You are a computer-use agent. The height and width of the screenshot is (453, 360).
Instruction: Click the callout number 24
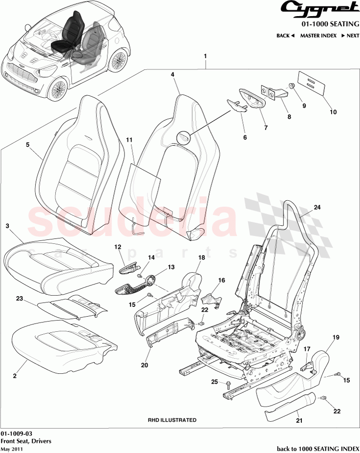tap(317, 207)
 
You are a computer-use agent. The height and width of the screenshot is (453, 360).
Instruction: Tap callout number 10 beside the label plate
tap(333, 112)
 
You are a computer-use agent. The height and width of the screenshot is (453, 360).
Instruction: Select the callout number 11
tap(129, 140)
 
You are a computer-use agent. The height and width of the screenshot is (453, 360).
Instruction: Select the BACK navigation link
tap(285, 36)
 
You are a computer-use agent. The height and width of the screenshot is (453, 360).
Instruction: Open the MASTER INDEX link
tap(319, 36)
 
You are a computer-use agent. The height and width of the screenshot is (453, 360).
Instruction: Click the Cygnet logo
tap(320, 8)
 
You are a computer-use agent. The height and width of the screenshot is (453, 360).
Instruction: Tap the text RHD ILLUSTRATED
tap(172, 420)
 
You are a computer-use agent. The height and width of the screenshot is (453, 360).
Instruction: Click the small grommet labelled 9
tap(292, 86)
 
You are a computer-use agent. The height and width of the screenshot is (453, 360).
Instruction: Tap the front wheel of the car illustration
tap(58, 91)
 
